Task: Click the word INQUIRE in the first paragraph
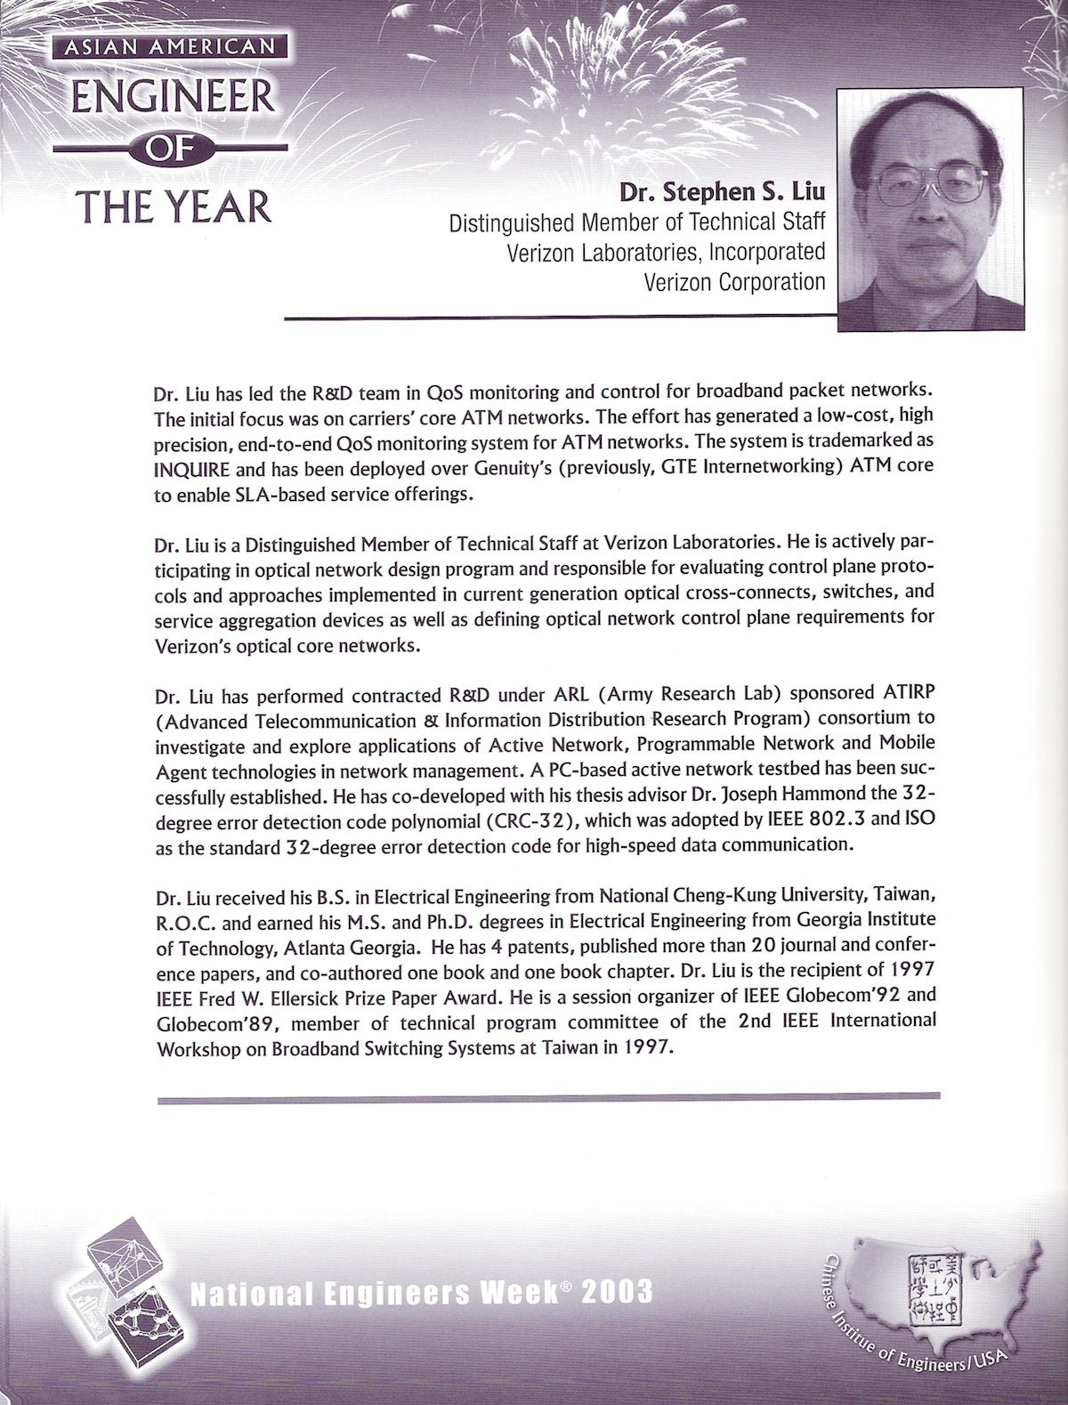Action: pos(191,465)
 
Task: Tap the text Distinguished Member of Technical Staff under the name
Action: pos(637,222)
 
